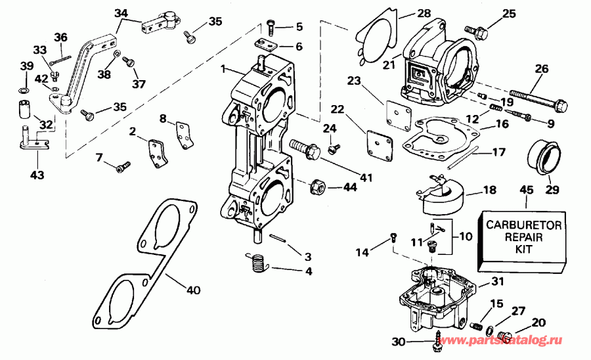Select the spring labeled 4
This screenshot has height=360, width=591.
tap(276, 240)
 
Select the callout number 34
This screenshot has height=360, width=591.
tap(121, 12)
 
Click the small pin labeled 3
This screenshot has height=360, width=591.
tap(276, 240)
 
